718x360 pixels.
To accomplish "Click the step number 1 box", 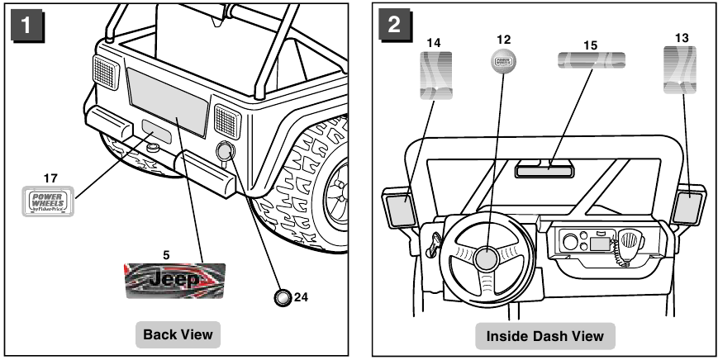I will (27, 25).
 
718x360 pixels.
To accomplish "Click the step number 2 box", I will (392, 25).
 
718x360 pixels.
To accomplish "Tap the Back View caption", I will (178, 334).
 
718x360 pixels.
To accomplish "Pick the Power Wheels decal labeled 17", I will (46, 201).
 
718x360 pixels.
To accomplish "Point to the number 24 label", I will (301, 297).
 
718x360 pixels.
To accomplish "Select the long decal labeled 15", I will (590, 60).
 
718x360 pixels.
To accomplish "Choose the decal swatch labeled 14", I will (435, 76).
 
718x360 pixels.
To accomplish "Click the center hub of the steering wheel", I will (486, 259).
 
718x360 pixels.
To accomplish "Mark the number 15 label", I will (590, 40).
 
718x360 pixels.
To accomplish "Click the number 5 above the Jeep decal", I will (166, 255).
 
